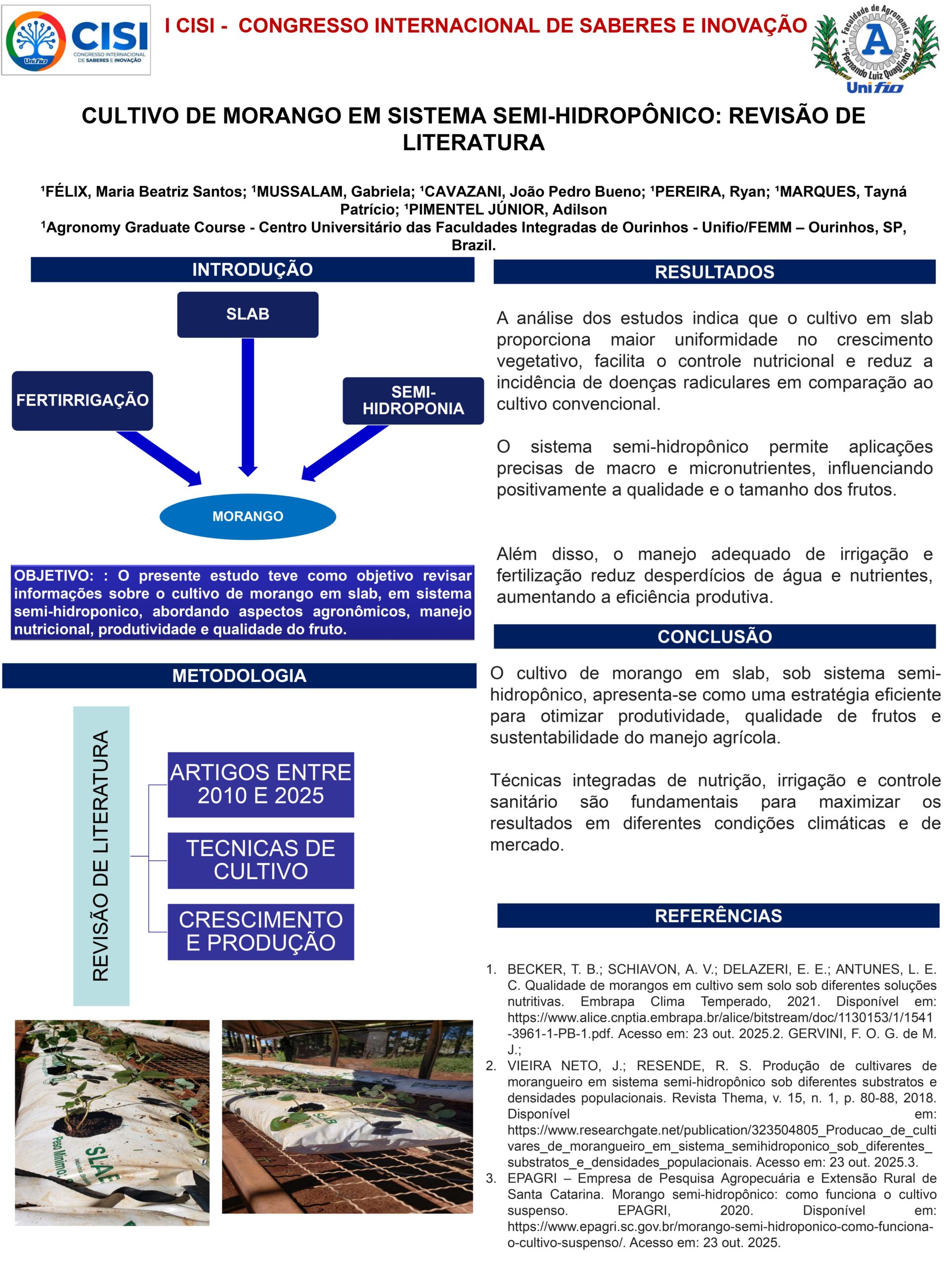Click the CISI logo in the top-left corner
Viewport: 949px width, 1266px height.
(x=76, y=40)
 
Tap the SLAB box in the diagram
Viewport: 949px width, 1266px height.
(x=248, y=314)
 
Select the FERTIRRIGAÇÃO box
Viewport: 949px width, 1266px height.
(x=83, y=400)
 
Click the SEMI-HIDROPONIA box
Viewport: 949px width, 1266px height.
(x=413, y=401)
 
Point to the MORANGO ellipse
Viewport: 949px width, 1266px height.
(x=248, y=516)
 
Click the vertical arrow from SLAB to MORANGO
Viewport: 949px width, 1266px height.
(x=248, y=407)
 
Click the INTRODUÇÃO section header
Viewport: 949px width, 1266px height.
(x=252, y=270)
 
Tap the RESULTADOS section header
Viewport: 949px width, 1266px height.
(x=714, y=272)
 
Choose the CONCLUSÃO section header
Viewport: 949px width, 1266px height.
(x=714, y=636)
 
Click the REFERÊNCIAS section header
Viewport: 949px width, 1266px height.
(x=718, y=916)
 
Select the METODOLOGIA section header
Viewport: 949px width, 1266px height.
(x=239, y=676)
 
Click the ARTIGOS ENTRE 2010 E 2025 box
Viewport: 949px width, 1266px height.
(x=261, y=784)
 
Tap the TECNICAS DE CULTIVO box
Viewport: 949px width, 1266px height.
(x=261, y=859)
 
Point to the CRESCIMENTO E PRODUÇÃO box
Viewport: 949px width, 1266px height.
(x=261, y=931)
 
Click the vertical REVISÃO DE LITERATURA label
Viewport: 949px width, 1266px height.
(x=101, y=856)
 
